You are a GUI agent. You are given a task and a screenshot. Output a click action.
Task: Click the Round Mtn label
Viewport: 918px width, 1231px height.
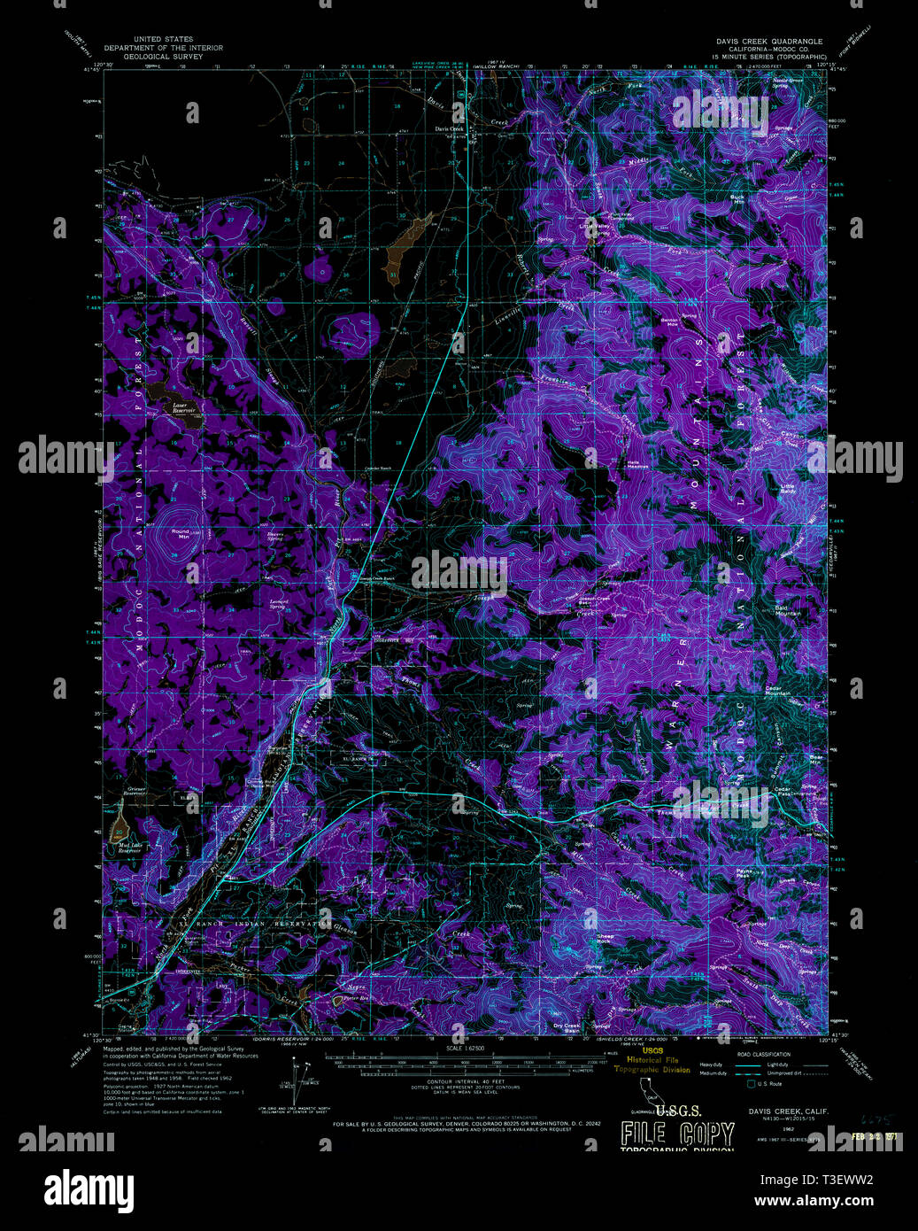click(181, 533)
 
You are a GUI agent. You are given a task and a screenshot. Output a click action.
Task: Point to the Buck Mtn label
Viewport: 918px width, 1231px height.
click(737, 199)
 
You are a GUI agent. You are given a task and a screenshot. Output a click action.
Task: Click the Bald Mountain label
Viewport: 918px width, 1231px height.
click(787, 610)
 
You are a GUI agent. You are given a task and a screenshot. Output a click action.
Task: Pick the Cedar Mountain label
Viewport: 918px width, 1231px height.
click(777, 690)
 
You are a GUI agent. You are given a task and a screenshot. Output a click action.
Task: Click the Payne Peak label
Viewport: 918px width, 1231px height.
click(744, 873)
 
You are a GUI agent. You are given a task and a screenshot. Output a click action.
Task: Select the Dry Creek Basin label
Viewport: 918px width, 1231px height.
click(566, 1027)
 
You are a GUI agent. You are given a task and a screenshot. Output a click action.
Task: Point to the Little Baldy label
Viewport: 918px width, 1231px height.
click(787, 487)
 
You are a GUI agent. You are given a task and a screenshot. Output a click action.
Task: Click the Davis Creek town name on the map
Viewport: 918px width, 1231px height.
click(449, 128)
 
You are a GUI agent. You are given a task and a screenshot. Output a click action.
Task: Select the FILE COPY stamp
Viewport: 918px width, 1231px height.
click(677, 1134)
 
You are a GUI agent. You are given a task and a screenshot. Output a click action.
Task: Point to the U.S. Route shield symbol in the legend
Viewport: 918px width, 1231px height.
click(751, 1083)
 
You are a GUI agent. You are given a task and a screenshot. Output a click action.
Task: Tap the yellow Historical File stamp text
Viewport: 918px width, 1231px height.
click(653, 1060)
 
